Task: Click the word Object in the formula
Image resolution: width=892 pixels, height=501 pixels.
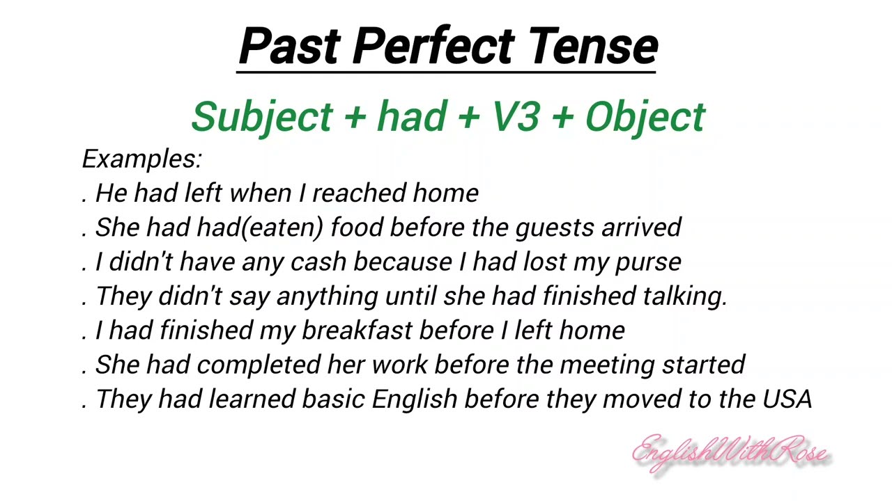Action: [645, 116]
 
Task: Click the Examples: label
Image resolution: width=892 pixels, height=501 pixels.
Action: [141, 159]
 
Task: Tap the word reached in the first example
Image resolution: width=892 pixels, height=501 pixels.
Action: [360, 193]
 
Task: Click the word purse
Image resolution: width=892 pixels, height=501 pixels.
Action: [647, 262]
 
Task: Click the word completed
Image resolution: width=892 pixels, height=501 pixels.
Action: [259, 365]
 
